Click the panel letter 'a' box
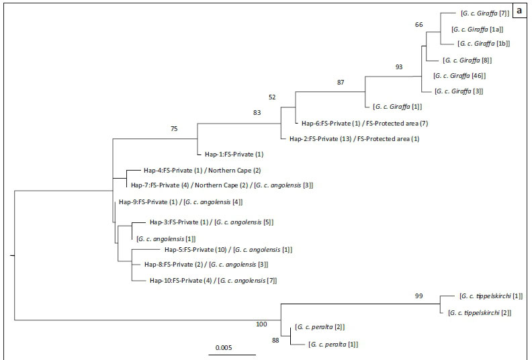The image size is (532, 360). [x=521, y=12]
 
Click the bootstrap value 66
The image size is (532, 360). [x=419, y=25]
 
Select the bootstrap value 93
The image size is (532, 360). [x=399, y=66]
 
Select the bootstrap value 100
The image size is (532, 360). [x=261, y=325]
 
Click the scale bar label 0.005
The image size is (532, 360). [x=224, y=348]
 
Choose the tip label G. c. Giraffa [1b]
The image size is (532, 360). [x=484, y=44]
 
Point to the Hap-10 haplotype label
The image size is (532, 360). [x=212, y=281]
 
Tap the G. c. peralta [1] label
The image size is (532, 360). [x=333, y=345]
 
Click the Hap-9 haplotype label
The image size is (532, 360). [x=180, y=201]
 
